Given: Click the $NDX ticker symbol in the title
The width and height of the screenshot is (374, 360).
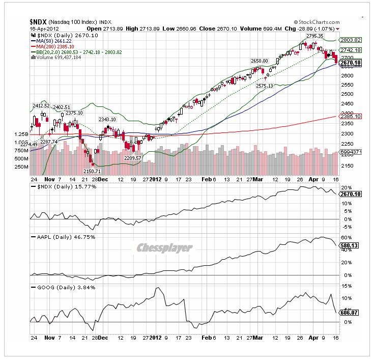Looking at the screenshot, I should click(39, 22).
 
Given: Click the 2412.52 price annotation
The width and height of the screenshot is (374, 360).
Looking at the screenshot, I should click(41, 106).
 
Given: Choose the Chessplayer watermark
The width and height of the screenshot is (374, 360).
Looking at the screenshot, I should click(164, 248).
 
